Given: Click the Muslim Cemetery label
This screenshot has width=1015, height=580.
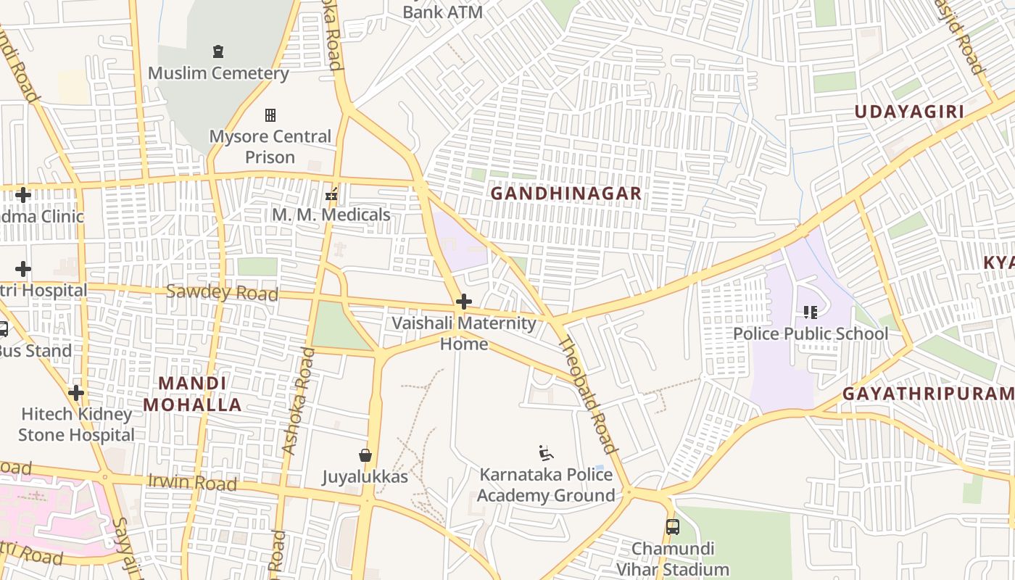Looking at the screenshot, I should (x=218, y=73).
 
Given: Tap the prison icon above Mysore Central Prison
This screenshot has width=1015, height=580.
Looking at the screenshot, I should (x=270, y=115).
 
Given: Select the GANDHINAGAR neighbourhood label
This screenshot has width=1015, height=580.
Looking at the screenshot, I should (x=566, y=194).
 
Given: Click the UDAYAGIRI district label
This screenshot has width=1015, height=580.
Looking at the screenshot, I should (x=909, y=112).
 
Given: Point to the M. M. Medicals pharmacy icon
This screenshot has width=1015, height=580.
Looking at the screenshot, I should (x=331, y=194).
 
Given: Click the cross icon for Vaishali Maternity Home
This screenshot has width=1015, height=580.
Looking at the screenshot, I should (x=464, y=302).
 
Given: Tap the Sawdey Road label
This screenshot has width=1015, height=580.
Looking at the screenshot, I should (x=222, y=293).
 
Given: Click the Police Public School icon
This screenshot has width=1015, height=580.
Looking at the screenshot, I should (x=810, y=312).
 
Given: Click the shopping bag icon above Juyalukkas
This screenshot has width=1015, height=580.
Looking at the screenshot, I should (x=365, y=455).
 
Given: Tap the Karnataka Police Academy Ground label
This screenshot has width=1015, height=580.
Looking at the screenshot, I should (x=546, y=485).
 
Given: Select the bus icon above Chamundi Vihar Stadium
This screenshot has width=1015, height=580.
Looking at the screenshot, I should (x=673, y=527).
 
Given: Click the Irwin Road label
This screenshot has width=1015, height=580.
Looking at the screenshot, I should (x=192, y=482).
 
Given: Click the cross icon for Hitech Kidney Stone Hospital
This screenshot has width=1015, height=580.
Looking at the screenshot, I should (x=76, y=393).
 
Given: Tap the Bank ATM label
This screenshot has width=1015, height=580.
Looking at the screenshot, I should (x=442, y=12).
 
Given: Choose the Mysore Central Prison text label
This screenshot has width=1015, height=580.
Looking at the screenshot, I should (x=270, y=146).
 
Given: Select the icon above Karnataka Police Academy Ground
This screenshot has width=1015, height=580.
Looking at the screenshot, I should (x=546, y=454).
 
